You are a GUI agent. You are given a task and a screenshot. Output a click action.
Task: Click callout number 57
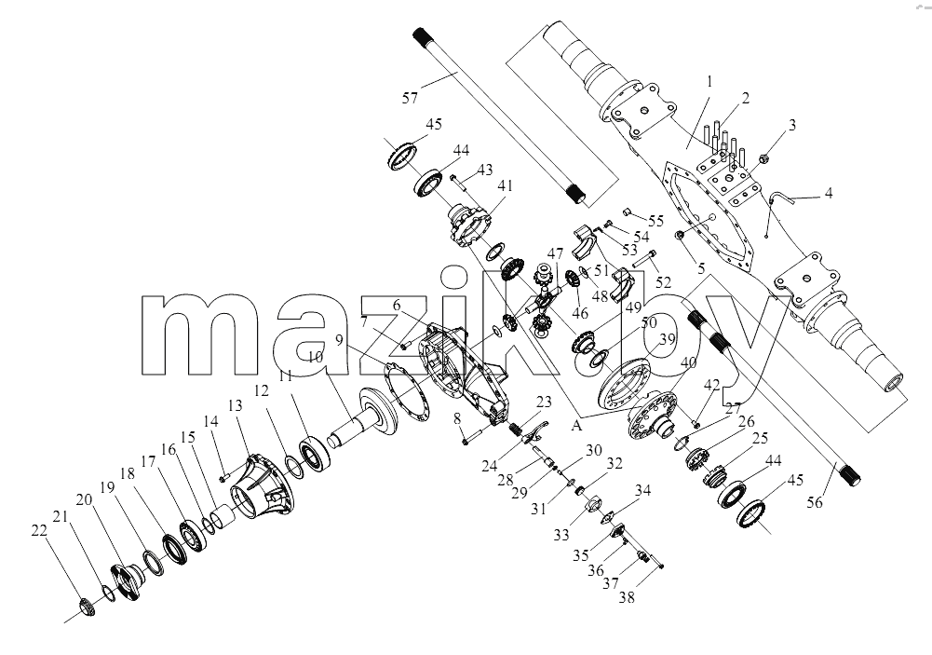click(410, 98)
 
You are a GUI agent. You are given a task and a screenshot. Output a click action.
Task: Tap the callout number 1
click(709, 81)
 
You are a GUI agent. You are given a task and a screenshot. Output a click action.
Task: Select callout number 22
click(38, 531)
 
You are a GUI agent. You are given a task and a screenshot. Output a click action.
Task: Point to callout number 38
click(627, 596)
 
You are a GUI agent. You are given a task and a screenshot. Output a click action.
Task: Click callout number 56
click(815, 502)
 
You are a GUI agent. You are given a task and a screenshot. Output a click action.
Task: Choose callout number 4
click(829, 193)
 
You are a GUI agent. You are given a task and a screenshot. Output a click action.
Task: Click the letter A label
click(576, 425)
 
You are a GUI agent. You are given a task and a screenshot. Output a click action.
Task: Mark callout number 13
click(236, 405)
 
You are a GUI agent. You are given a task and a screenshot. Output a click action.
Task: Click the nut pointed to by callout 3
click(765, 158)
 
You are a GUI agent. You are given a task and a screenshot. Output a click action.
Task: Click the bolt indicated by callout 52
click(643, 259)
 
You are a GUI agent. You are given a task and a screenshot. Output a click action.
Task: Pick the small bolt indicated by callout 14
click(224, 477)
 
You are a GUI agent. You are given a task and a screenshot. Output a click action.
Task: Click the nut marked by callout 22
click(88, 608)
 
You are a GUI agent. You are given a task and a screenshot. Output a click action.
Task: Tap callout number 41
click(506, 185)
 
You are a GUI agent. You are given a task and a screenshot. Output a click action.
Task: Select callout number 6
click(397, 305)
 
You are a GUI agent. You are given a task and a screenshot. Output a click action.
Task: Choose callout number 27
click(733, 409)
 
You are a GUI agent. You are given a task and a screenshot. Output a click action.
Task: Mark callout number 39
click(668, 339)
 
